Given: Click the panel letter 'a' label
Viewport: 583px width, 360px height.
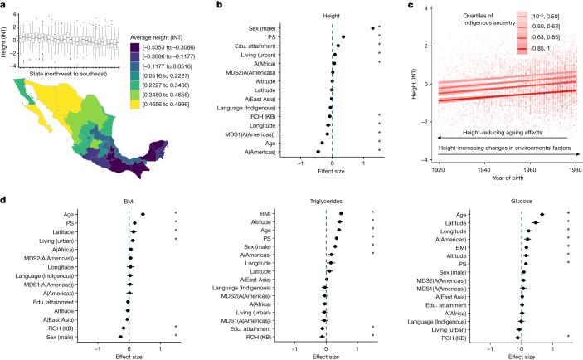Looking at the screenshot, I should [x=4, y=5].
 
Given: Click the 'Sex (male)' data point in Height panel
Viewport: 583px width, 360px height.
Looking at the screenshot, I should [x=372, y=28].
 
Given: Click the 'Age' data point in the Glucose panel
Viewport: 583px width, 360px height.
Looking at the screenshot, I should [x=542, y=214].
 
